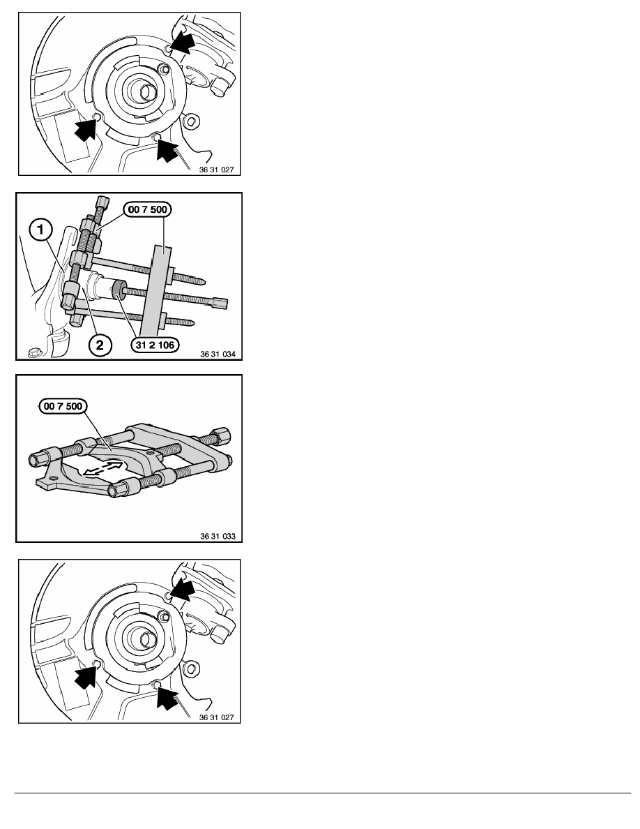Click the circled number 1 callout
pos(40,230)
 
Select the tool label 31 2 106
pos(155,345)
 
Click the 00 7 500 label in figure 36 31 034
pos(147,209)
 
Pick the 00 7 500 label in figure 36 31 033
pos(63,406)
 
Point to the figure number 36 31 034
pos(218,354)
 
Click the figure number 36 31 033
pos(218,536)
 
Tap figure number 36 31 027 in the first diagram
pos(217,170)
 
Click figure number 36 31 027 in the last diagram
pos(217,717)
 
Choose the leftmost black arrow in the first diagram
pos(86,128)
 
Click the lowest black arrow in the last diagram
pos(168,698)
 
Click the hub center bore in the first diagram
pos(146,93)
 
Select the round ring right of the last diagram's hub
pos(192,669)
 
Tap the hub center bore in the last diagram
pos(146,640)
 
